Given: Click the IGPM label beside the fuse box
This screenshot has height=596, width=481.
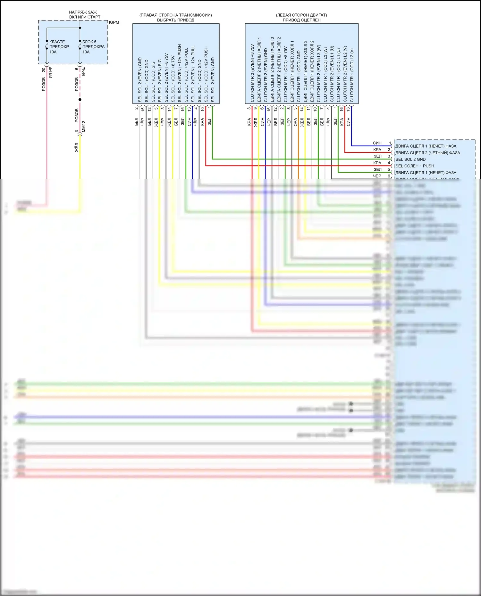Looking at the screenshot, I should tap(114, 22).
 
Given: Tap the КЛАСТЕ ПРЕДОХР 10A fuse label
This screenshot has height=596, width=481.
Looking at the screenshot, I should tap(59, 47).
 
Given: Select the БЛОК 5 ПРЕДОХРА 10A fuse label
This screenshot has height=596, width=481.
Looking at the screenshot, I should tap(93, 47).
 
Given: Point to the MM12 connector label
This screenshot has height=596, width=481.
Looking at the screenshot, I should tap(84, 127).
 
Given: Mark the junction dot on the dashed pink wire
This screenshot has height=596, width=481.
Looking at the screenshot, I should tap(80, 100).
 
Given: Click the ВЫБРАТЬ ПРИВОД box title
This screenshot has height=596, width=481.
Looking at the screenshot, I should tap(175, 20).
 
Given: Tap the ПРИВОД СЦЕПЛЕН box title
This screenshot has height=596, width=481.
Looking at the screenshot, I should tap(301, 20).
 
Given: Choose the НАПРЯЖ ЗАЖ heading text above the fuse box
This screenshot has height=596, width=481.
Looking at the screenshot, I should tap(83, 12).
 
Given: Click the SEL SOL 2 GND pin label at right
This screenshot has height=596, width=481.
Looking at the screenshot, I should tap(410, 159).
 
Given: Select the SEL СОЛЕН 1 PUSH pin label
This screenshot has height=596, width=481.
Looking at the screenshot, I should tap(415, 166).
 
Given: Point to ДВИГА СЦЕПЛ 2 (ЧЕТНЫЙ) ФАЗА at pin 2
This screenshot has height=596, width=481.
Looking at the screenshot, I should tap(427, 153).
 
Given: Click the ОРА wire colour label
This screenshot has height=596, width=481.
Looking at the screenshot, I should tap(295, 122).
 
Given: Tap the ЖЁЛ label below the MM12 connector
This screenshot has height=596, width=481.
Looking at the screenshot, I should tap(77, 147).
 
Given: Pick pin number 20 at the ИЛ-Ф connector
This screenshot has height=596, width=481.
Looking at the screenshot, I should tap(44, 69).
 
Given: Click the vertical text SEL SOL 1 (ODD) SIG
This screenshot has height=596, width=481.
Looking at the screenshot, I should tap(153, 82).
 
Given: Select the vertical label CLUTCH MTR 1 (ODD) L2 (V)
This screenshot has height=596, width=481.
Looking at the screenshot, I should tap(352, 76).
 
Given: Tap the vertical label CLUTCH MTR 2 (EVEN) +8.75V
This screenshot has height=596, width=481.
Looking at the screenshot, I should tap(252, 73).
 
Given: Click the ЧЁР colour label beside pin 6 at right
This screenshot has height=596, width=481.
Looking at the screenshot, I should tap(377, 176).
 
